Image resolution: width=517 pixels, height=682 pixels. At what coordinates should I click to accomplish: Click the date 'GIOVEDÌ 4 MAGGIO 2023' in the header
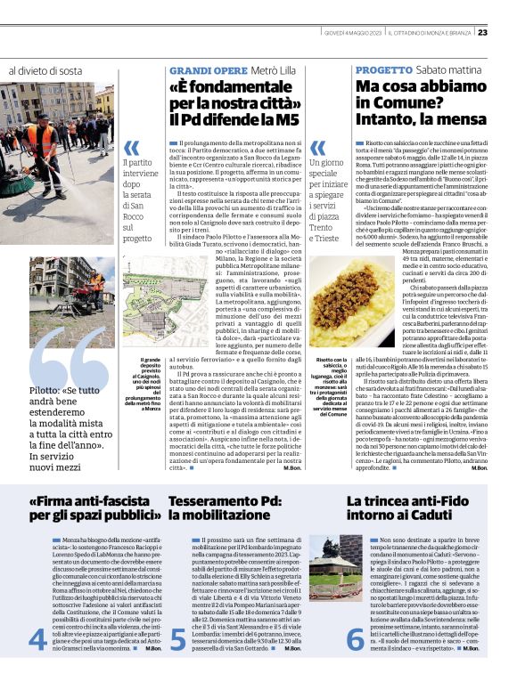pyautogui.click(x=355, y=33)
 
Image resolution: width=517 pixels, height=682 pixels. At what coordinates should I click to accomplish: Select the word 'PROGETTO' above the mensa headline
pyautogui.click(x=384, y=70)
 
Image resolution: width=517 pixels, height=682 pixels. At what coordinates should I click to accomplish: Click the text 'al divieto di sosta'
pyautogui.click(x=45, y=70)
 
